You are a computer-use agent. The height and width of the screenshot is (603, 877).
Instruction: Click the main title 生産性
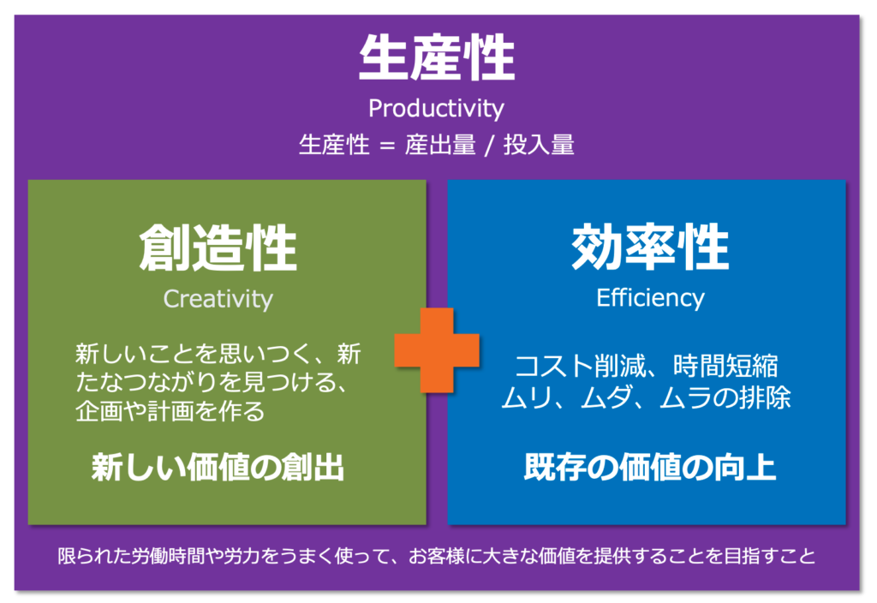pyautogui.click(x=437, y=58)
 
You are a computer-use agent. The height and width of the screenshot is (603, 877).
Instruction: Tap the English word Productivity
pyautogui.click(x=436, y=108)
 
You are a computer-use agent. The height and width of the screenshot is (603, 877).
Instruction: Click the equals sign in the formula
pyautogui.click(x=387, y=146)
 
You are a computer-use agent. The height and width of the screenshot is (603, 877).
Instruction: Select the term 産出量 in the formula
pyautogui.click(x=441, y=146)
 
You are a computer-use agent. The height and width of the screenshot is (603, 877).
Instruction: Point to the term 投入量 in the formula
pyautogui.click(x=539, y=146)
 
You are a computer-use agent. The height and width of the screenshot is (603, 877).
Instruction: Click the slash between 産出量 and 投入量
pyautogui.click(x=490, y=146)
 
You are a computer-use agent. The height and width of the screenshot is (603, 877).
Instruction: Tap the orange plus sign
pyautogui.click(x=437, y=350)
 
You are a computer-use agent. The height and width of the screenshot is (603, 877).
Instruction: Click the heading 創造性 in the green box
pyautogui.click(x=218, y=248)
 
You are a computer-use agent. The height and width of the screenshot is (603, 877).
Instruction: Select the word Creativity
pyautogui.click(x=218, y=299)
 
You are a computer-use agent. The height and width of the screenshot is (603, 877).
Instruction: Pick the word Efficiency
pyautogui.click(x=651, y=298)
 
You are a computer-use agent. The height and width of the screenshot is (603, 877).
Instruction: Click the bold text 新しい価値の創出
pyautogui.click(x=218, y=468)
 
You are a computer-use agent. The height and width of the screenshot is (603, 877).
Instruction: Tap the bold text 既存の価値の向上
pyautogui.click(x=650, y=467)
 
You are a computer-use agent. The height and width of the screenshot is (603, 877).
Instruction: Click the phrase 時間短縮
pyautogui.click(x=725, y=367)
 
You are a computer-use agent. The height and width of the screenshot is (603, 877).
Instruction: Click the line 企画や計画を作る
pyautogui.click(x=170, y=411)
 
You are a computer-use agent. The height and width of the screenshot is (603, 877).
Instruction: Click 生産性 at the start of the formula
pyautogui.click(x=334, y=146)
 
